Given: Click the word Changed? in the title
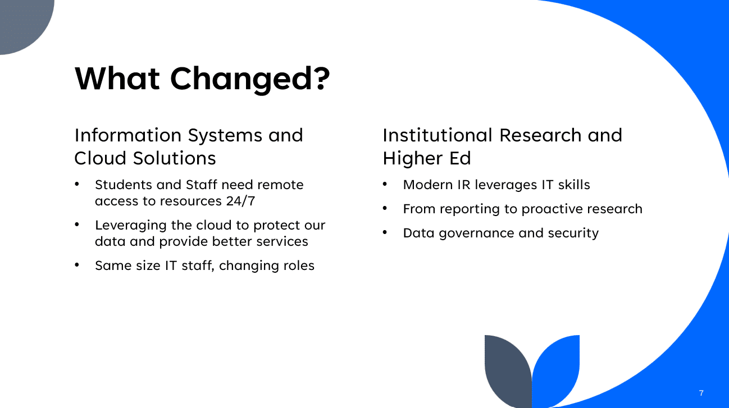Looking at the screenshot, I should (250, 79).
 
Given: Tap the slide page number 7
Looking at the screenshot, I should (701, 393).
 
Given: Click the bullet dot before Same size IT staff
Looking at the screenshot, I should (77, 264).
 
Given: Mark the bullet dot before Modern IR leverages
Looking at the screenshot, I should (385, 184).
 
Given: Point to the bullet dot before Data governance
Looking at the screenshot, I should (385, 232).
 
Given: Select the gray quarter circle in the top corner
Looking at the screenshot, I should (22, 22).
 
